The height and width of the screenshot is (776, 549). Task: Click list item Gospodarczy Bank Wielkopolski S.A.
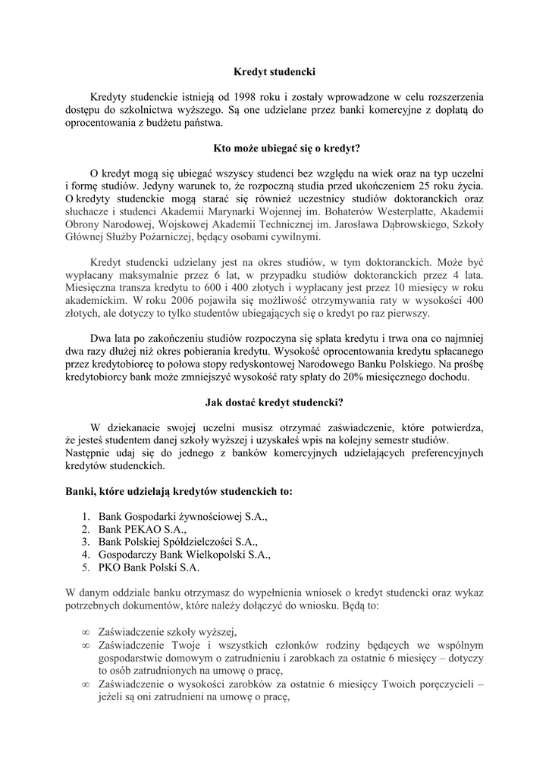[184, 554]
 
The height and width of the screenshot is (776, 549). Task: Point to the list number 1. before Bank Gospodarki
[86, 517]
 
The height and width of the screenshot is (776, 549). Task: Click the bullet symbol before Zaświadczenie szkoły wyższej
[85, 633]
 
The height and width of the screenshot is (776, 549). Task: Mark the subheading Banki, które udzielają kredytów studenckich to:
[179, 491]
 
